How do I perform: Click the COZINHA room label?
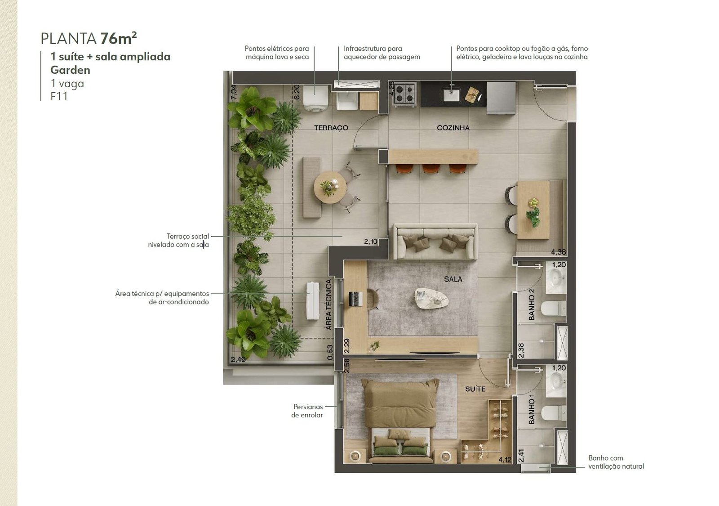pyautogui.click(x=453, y=128)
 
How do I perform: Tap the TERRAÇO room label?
pyautogui.click(x=331, y=128)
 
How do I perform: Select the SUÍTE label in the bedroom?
pyautogui.click(x=475, y=389)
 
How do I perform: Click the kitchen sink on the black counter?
pyautogui.click(x=451, y=94)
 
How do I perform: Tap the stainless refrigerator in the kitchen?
pyautogui.click(x=501, y=98)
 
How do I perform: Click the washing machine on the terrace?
pyautogui.click(x=315, y=98)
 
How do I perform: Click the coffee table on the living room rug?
pyautogui.click(x=431, y=299)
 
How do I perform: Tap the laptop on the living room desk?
pyautogui.click(x=355, y=299)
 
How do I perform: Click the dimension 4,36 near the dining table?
pyautogui.click(x=559, y=252)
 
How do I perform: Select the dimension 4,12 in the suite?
pyautogui.click(x=505, y=460)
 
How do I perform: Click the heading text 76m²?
pyautogui.click(x=119, y=39)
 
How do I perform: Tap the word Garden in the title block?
pyautogui.click(x=70, y=70)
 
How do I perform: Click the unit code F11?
pyautogui.click(x=59, y=97)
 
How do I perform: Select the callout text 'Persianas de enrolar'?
pyautogui.click(x=307, y=411)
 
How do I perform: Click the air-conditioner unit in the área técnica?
pyautogui.click(x=313, y=301)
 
